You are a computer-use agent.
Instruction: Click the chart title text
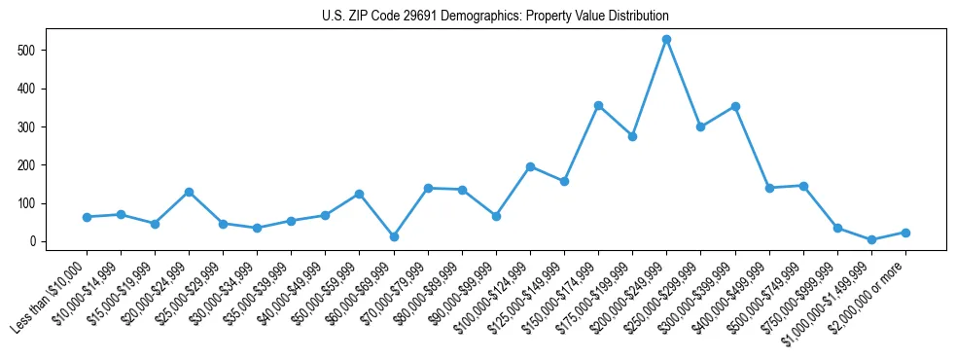click(495, 17)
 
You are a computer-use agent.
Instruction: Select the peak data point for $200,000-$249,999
click(666, 40)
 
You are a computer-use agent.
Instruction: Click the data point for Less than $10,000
click(87, 217)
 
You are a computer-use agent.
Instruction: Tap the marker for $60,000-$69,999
click(394, 236)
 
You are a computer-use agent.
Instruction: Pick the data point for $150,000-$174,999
click(598, 105)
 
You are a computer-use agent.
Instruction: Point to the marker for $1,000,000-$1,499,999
click(871, 239)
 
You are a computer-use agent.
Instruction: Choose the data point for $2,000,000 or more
click(905, 233)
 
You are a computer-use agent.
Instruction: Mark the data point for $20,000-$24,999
click(189, 192)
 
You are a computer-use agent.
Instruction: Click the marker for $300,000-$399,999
click(735, 106)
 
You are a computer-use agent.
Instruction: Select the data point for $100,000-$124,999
click(530, 166)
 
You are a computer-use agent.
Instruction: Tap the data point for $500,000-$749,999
click(803, 186)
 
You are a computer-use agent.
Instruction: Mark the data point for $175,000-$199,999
click(632, 136)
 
